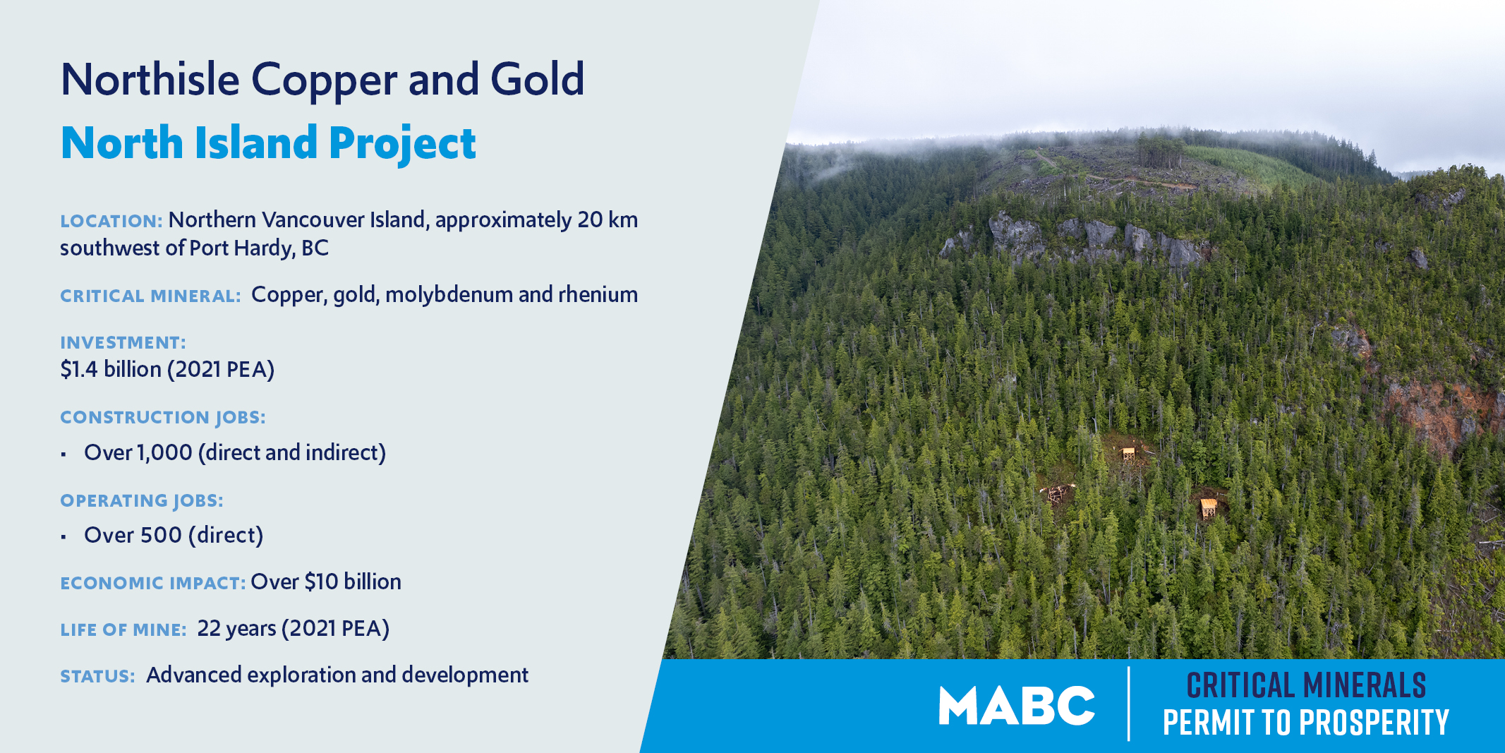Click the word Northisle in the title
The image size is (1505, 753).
150,79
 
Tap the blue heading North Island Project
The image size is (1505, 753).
268,144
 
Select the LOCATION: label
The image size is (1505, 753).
111,221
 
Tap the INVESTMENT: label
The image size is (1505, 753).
123,342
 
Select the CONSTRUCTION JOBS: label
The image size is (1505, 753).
163,417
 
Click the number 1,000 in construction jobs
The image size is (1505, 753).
164,452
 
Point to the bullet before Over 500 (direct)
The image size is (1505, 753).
64,537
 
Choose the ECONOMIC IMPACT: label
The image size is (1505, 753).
153,583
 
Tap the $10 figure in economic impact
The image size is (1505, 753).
321,582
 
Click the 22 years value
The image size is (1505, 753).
236,629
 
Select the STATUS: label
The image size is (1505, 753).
97,676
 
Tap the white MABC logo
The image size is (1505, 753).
1017,706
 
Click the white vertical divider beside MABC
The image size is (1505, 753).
1129,704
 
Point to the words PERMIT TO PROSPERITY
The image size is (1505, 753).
1305,723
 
